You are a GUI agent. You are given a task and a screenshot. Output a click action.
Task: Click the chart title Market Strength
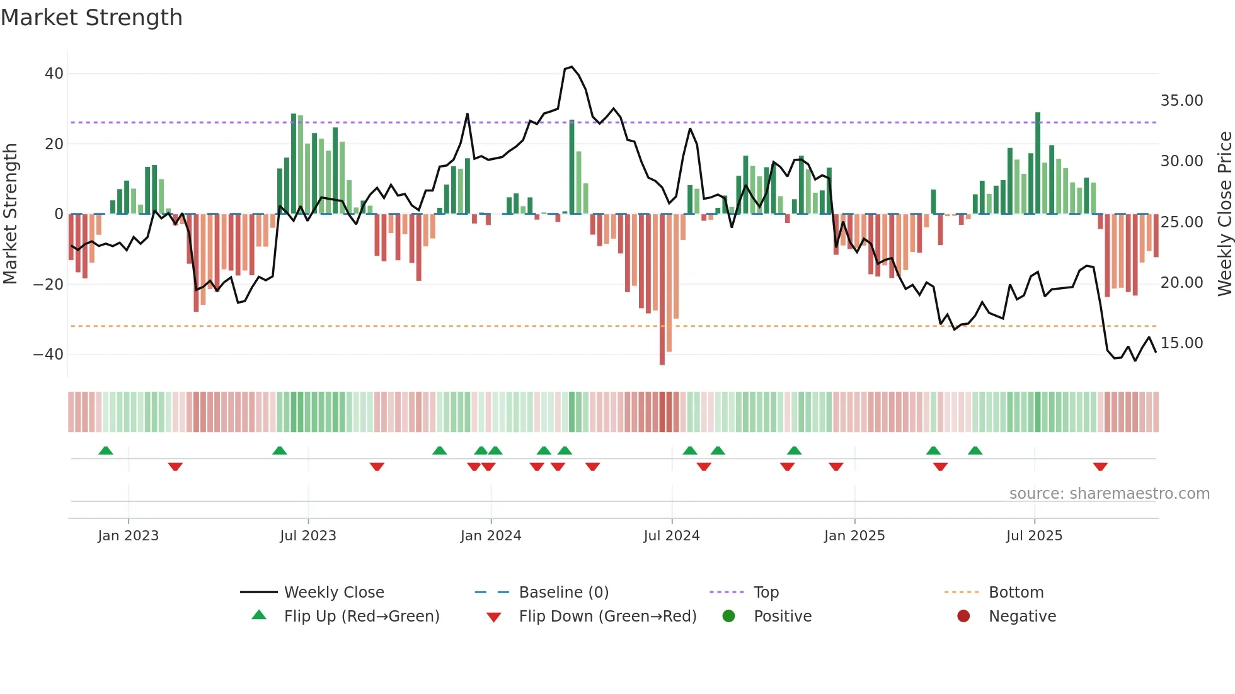pyautogui.click(x=91, y=18)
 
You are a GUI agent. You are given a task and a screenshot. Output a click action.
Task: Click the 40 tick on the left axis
pyautogui.click(x=54, y=74)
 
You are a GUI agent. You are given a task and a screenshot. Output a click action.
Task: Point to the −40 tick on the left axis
pyautogui.click(x=49, y=355)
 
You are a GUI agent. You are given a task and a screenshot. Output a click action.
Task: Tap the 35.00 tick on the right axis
pyautogui.click(x=1181, y=101)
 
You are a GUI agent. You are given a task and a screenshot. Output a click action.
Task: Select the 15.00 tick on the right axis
pyautogui.click(x=1181, y=343)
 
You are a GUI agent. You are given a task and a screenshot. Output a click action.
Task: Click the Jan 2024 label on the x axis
pyautogui.click(x=491, y=536)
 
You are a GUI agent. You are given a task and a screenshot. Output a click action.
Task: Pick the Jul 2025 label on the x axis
pyautogui.click(x=1034, y=536)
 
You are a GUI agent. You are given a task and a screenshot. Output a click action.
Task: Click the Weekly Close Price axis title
pyautogui.click(x=1224, y=214)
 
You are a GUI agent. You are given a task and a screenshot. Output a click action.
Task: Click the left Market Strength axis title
pyautogui.click(x=10, y=214)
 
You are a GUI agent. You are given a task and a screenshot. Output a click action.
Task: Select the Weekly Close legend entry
pyautogui.click(x=333, y=593)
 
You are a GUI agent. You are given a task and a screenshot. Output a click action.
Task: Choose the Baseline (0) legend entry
pyautogui.click(x=563, y=593)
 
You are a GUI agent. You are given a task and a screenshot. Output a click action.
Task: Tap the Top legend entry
pyautogui.click(x=766, y=593)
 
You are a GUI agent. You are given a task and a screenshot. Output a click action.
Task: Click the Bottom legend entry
pyautogui.click(x=1016, y=593)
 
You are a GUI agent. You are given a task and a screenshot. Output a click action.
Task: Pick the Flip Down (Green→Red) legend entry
pyautogui.click(x=607, y=617)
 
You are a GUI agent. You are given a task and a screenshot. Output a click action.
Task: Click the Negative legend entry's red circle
pyautogui.click(x=963, y=617)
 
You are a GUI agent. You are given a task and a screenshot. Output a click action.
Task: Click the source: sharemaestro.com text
pyautogui.click(x=1109, y=494)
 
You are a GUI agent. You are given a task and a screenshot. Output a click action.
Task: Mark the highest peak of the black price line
pyautogui.click(x=572, y=67)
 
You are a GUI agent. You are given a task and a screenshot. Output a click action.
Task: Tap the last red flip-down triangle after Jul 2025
pyautogui.click(x=1100, y=467)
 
